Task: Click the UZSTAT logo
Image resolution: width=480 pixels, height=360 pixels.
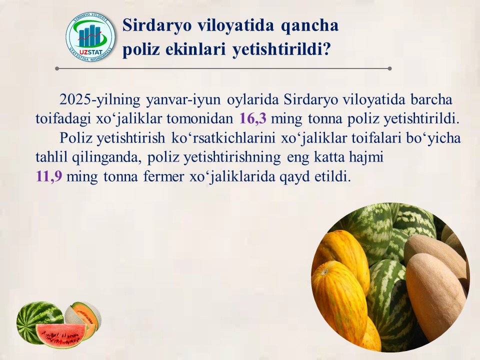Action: coord(90,37)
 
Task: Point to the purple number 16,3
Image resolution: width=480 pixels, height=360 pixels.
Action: coord(252,118)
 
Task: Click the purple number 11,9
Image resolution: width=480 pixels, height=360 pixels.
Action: coord(49,176)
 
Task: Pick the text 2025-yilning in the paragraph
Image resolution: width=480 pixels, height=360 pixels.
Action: coord(100,100)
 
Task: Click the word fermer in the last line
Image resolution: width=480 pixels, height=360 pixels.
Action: coord(164,176)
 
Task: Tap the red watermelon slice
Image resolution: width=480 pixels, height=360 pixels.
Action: coord(61,334)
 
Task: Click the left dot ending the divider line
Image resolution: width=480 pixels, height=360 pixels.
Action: coord(57,68)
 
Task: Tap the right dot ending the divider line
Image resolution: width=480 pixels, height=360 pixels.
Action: coord(389,68)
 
